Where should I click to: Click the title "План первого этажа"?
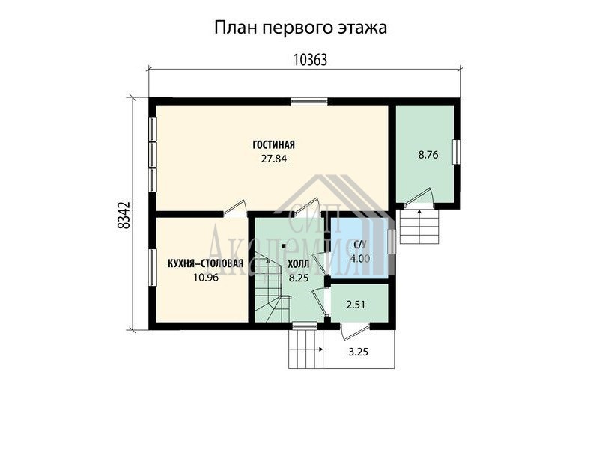(x=300, y=28)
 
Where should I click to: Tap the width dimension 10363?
(x=310, y=60)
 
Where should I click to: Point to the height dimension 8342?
(x=124, y=216)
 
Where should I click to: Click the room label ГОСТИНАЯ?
(x=273, y=145)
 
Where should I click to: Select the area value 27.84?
(x=273, y=159)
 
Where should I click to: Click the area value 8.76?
(x=428, y=155)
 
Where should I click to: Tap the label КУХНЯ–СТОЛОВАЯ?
(x=205, y=264)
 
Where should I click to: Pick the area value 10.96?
(x=206, y=278)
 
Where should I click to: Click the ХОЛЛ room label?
(x=298, y=264)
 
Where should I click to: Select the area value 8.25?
(x=298, y=278)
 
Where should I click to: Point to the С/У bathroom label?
(x=360, y=245)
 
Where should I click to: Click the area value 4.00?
(x=360, y=259)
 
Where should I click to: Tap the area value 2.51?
(x=355, y=305)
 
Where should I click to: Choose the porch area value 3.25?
(x=359, y=352)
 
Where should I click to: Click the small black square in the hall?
(x=284, y=246)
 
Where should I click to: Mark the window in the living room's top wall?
(x=308, y=102)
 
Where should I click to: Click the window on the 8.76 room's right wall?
(x=457, y=152)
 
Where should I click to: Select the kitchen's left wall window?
(x=153, y=267)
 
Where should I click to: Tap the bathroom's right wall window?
(x=392, y=241)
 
